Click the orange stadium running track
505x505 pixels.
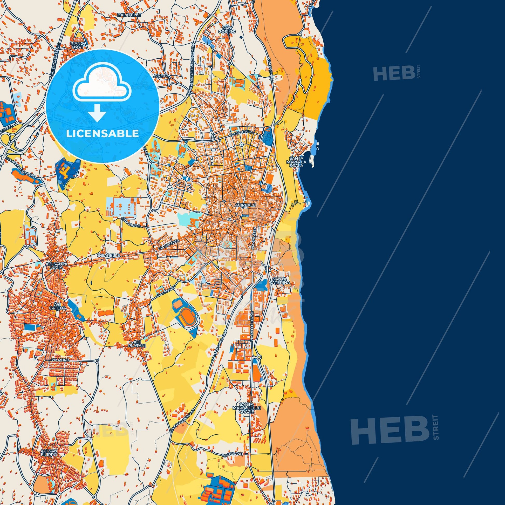pos(186,312)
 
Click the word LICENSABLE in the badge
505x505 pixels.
pos(103,134)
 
